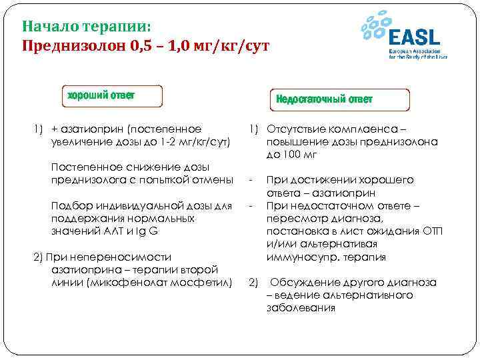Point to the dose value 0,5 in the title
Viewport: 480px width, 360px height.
(143, 47)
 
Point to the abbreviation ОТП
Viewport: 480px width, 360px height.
(431, 231)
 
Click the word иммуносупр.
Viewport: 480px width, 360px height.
(297, 257)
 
